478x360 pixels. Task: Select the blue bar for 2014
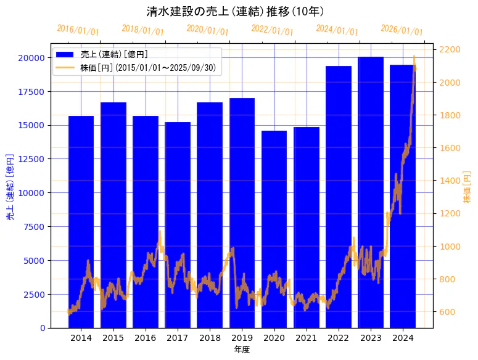[x=81, y=222]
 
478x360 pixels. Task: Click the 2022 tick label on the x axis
[x=338, y=338]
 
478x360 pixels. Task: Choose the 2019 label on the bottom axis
[x=242, y=338]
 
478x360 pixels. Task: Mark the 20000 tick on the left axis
[x=31, y=58]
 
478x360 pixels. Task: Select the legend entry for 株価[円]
[x=148, y=67]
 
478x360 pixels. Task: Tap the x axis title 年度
[x=242, y=350]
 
